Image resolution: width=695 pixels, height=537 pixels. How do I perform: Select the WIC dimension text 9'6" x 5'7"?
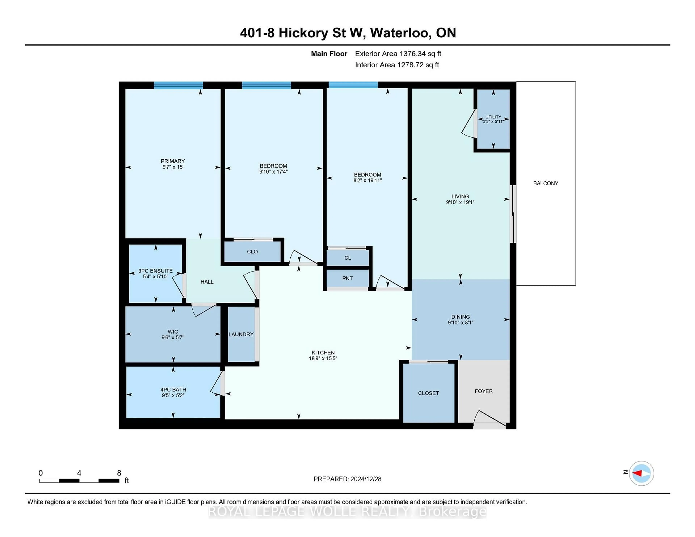173,337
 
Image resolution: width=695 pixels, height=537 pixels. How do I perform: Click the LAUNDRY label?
241,334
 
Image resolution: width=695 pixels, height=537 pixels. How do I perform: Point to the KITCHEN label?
323,352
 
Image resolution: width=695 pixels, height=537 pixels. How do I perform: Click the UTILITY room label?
493,117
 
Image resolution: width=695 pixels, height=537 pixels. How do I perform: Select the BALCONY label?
546,183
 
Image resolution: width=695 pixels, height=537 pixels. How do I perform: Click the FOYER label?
483,391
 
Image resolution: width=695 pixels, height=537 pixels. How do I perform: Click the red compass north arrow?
637,473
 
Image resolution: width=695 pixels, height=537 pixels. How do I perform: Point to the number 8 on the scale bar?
119,473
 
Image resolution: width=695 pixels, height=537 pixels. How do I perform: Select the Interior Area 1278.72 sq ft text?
397,65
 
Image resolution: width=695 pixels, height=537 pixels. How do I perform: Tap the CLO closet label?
252,252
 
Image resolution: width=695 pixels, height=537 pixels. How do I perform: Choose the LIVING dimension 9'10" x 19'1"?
460,202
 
